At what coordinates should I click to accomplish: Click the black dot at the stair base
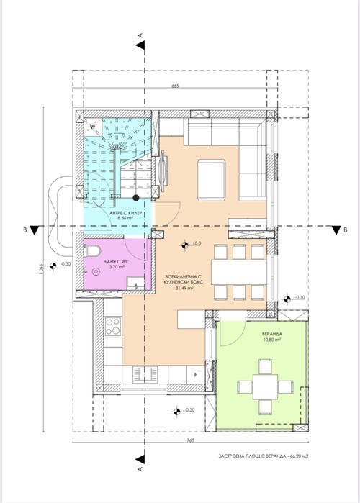(x=136, y=197)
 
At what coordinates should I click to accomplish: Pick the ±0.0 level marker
(x=195, y=244)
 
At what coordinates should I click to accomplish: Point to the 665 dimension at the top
(x=174, y=86)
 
